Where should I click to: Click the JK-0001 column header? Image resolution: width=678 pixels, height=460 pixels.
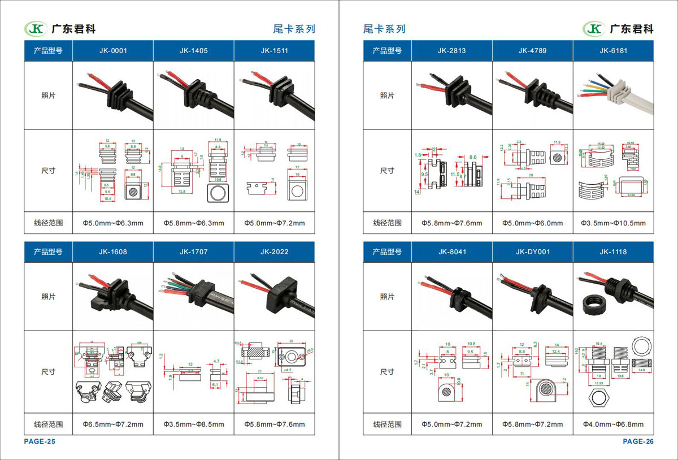[113, 50]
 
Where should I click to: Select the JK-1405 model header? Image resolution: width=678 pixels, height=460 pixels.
[194, 50]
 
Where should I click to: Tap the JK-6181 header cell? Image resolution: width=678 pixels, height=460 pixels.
[613, 50]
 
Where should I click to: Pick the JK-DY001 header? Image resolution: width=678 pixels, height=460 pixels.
[532, 251]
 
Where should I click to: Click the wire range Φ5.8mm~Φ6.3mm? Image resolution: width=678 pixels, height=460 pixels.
[194, 223]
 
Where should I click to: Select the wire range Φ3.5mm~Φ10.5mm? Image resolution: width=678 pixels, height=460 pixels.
[613, 223]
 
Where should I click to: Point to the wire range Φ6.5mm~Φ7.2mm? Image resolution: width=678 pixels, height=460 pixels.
[113, 424]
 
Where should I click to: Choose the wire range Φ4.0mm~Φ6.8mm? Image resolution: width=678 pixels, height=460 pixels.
[613, 424]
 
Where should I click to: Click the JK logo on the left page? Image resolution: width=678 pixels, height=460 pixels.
[36, 28]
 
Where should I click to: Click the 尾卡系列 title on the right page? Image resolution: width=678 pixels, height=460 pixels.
[384, 29]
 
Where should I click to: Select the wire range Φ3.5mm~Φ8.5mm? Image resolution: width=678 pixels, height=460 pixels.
[194, 424]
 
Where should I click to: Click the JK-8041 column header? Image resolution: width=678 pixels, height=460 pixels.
[451, 251]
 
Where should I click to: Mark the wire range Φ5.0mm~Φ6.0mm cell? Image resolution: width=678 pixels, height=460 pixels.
[532, 223]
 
